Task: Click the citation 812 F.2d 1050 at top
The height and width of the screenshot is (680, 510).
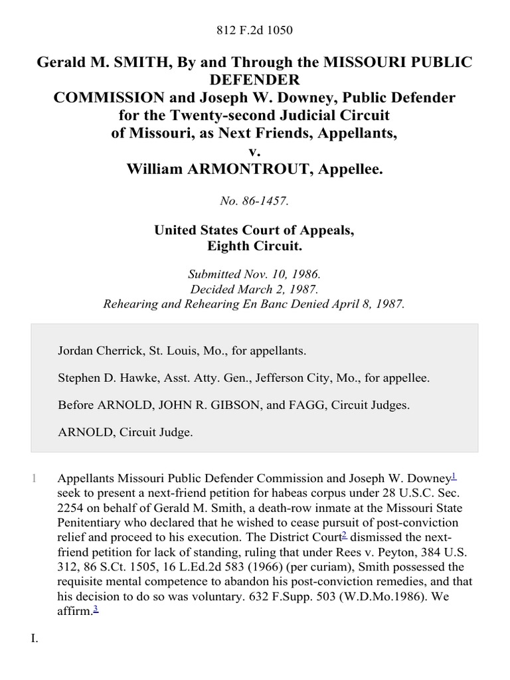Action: tap(255, 30)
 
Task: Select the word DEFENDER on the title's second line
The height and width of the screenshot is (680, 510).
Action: tap(255, 80)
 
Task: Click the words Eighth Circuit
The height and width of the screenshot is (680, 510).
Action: tap(255, 246)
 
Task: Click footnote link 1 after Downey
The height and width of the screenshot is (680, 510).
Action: tap(453, 475)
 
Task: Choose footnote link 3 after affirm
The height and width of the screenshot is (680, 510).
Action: tap(94, 592)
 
